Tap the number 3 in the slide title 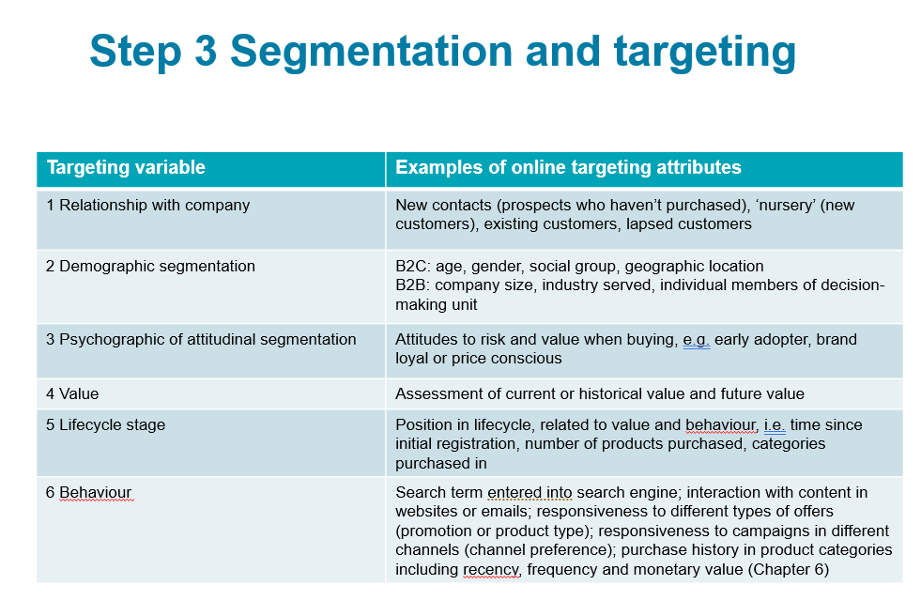(x=206, y=52)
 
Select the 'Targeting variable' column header (x=126, y=168)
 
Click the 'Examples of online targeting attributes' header (x=568, y=168)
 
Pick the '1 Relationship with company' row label (x=147, y=205)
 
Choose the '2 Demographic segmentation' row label (x=150, y=266)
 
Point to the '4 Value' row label (x=72, y=393)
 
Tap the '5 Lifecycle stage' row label (x=105, y=424)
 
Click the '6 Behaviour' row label (x=89, y=493)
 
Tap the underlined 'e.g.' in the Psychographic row (x=696, y=339)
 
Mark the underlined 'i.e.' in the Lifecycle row (x=775, y=424)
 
